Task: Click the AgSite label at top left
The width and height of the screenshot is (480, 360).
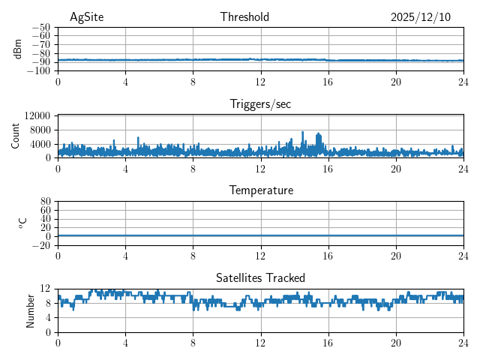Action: (x=86, y=17)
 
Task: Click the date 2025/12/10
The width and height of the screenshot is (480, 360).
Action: (x=421, y=17)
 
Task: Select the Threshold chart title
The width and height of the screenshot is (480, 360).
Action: (x=244, y=17)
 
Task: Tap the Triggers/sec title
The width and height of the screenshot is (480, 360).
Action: (x=260, y=104)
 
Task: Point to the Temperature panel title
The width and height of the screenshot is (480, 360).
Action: (x=260, y=190)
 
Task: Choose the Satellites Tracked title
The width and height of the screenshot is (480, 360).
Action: (x=260, y=277)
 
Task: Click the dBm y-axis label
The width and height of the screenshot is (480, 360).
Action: (x=18, y=49)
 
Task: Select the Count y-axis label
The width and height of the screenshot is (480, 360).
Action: (x=16, y=136)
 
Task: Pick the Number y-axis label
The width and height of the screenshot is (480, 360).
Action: (x=31, y=310)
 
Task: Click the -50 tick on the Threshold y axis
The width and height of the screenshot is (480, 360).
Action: (x=40, y=27)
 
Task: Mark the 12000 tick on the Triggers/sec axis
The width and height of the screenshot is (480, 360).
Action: (x=37, y=116)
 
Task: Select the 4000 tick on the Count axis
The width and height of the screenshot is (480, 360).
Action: (x=40, y=144)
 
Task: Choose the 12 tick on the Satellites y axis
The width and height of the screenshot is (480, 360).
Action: (x=46, y=289)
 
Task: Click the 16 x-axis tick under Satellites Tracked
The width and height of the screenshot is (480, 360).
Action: (x=328, y=342)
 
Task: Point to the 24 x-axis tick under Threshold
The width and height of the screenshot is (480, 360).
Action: (x=463, y=81)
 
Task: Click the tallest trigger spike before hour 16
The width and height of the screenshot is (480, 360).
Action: (x=303, y=133)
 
